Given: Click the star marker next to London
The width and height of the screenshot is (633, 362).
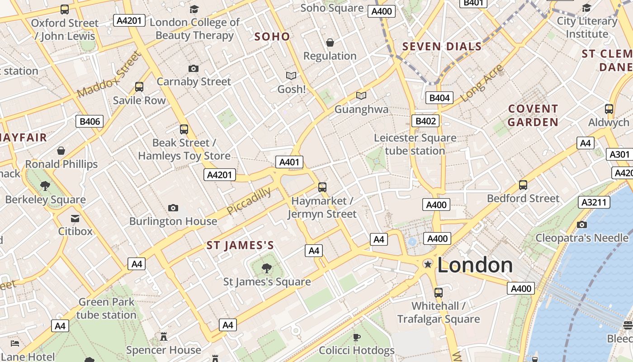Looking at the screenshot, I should (x=427, y=264).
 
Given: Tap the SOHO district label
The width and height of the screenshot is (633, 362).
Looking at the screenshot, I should (x=272, y=37).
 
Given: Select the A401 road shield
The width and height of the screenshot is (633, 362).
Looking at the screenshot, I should (x=289, y=162).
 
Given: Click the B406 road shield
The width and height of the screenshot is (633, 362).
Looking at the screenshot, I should (x=90, y=121).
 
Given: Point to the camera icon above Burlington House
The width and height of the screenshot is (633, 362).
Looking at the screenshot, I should (x=173, y=208).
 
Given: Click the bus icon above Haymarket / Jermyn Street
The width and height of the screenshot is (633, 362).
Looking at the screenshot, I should (x=322, y=187).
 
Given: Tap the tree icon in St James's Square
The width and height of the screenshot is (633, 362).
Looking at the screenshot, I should (x=267, y=268).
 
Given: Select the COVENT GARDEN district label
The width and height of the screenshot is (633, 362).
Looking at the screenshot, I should (x=533, y=115).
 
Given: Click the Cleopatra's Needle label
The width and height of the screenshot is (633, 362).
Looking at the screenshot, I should (x=581, y=238).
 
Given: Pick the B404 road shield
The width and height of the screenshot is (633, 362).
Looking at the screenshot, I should (x=439, y=98).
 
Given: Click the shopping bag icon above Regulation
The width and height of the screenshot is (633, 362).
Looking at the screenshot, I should (x=330, y=43).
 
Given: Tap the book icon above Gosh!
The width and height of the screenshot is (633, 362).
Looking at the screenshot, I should (x=291, y=76).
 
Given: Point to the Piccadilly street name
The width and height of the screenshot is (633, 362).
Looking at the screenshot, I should (x=249, y=201).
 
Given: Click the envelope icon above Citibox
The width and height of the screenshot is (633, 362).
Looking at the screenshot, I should (x=75, y=219).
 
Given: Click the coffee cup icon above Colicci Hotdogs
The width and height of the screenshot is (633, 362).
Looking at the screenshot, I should (x=356, y=337).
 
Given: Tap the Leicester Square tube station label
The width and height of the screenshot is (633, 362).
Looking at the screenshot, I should (x=415, y=144).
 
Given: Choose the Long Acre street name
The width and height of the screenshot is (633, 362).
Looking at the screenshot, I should (x=482, y=83).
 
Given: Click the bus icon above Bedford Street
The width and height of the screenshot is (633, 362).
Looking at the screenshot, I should (x=523, y=185).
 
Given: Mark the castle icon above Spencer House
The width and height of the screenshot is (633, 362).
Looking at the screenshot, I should (x=163, y=337).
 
